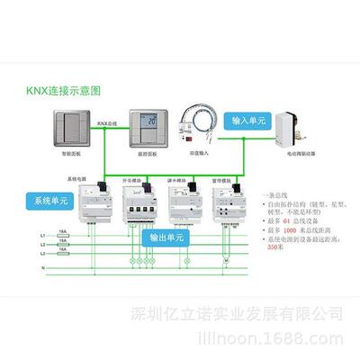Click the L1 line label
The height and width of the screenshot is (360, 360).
41,235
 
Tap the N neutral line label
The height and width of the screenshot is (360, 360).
42,268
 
